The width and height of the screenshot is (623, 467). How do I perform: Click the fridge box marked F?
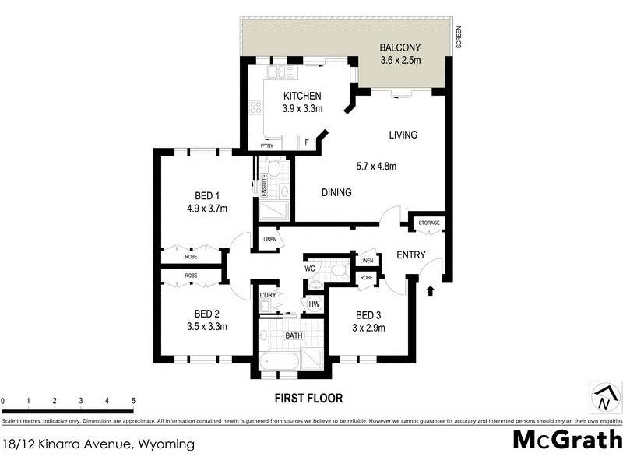(x=307, y=142)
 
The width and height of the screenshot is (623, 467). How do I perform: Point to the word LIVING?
(x=403, y=135)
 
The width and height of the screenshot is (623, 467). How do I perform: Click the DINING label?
(x=336, y=192)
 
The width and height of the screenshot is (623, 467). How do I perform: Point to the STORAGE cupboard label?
(x=429, y=223)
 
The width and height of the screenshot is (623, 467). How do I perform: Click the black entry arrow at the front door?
(x=431, y=291)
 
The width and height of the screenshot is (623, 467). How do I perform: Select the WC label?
(x=309, y=268)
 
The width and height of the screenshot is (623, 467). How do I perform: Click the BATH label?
(x=294, y=336)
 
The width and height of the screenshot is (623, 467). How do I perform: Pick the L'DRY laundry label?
(x=268, y=295)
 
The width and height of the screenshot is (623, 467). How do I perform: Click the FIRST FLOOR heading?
(x=308, y=398)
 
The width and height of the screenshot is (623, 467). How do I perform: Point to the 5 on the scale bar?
(x=133, y=401)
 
